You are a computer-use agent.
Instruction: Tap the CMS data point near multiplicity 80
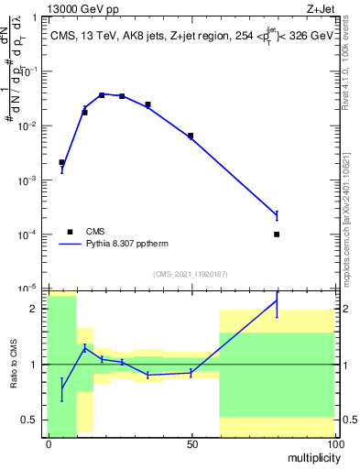click(277, 234)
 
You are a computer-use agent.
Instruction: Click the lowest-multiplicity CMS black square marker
click(61, 162)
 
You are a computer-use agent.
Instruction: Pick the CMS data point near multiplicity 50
click(191, 136)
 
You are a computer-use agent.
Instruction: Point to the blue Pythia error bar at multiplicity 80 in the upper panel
click(277, 215)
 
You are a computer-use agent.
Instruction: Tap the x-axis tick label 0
click(48, 443)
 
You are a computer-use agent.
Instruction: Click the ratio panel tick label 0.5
click(30, 420)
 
